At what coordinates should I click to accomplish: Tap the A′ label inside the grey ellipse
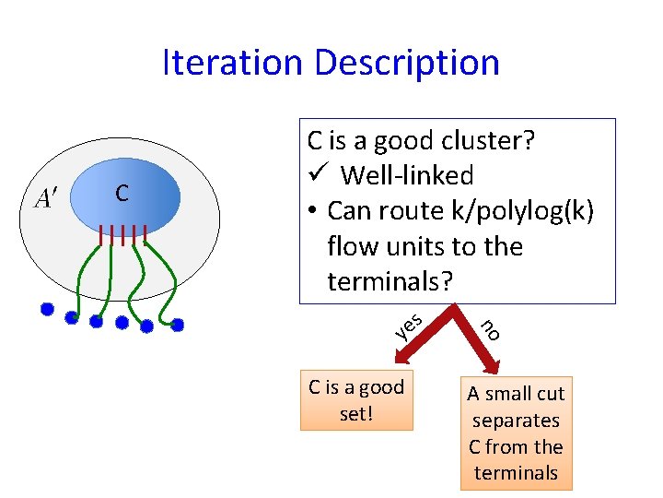click(44, 198)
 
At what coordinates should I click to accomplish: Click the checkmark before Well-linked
click(316, 175)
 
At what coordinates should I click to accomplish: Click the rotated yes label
click(408, 325)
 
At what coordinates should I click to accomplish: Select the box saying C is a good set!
click(356, 400)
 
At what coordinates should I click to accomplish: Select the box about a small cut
click(516, 433)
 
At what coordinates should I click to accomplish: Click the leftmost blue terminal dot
click(47, 310)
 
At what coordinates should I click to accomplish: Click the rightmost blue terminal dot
click(178, 325)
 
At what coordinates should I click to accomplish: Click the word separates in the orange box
click(516, 421)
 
